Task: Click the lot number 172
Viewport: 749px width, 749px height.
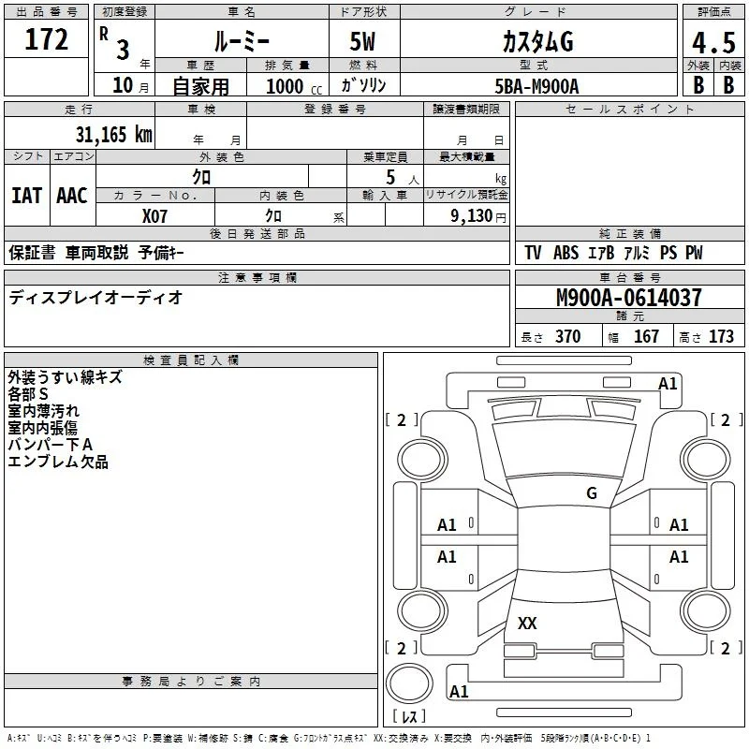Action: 46,39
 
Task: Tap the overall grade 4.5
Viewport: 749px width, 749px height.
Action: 713,43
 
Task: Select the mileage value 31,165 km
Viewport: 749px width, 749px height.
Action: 113,135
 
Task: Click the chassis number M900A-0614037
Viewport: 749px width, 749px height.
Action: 629,298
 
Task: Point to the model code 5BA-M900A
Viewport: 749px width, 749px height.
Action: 536,86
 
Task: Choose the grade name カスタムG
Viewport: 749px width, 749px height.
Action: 537,42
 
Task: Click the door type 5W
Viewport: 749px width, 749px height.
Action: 362,41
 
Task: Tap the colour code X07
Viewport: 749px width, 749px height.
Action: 154,216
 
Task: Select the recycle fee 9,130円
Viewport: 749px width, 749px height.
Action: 478,216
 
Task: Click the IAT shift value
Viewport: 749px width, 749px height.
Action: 26,196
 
